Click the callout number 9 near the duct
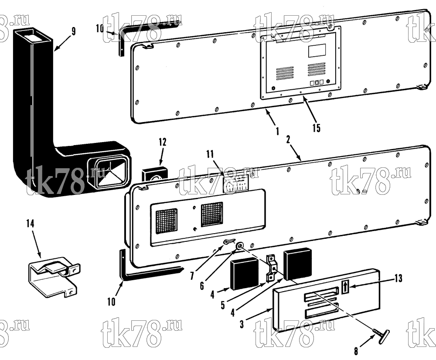click(x=73, y=31)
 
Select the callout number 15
click(x=317, y=128)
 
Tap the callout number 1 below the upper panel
click(x=277, y=131)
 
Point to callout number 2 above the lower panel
click(x=288, y=139)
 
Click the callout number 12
click(x=163, y=142)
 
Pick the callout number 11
click(x=210, y=154)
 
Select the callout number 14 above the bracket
click(x=31, y=223)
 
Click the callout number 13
click(x=399, y=278)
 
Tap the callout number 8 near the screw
click(x=356, y=351)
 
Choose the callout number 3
click(x=242, y=324)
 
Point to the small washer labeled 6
click(x=239, y=246)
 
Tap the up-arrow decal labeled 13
click(x=344, y=286)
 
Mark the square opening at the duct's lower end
click(x=109, y=170)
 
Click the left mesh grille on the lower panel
click(x=166, y=221)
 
